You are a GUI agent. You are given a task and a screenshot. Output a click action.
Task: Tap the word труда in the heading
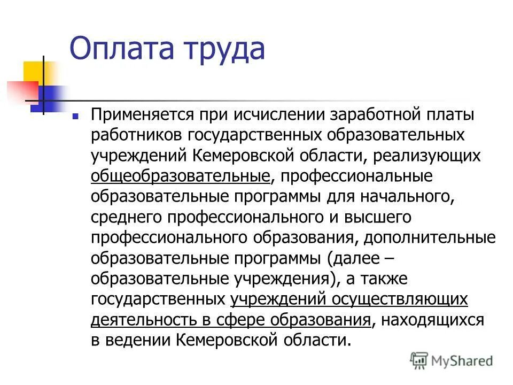[x=224, y=49]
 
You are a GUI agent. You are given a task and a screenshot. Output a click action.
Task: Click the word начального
[x=407, y=197]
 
